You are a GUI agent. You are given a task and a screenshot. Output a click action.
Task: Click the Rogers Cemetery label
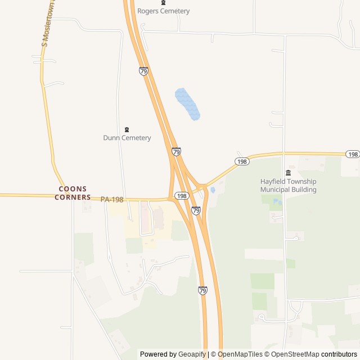(164, 11)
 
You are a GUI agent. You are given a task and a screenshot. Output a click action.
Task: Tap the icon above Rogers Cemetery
(164, 3)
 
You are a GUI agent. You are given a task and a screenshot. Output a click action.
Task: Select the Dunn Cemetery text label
(127, 138)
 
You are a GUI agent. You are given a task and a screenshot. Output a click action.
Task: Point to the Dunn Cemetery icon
(127, 130)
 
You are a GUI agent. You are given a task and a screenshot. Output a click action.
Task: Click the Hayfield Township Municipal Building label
(288, 186)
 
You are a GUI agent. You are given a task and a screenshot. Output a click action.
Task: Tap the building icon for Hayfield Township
(288, 173)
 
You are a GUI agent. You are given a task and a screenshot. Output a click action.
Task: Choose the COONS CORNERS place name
(73, 193)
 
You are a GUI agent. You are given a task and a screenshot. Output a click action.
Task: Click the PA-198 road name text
(112, 199)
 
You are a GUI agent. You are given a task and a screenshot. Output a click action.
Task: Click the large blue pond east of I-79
(187, 104)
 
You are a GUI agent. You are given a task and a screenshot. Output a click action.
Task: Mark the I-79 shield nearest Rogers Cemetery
(143, 71)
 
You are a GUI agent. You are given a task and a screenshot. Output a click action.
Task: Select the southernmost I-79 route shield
(202, 290)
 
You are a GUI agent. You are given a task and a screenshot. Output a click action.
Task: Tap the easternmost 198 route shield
(353, 154)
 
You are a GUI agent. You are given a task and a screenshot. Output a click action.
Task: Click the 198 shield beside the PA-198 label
(181, 196)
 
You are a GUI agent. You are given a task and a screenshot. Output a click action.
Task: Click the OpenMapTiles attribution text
(240, 354)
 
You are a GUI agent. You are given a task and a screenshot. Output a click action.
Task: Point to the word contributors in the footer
(339, 354)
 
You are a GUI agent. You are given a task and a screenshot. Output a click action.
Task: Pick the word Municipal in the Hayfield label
(276, 190)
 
